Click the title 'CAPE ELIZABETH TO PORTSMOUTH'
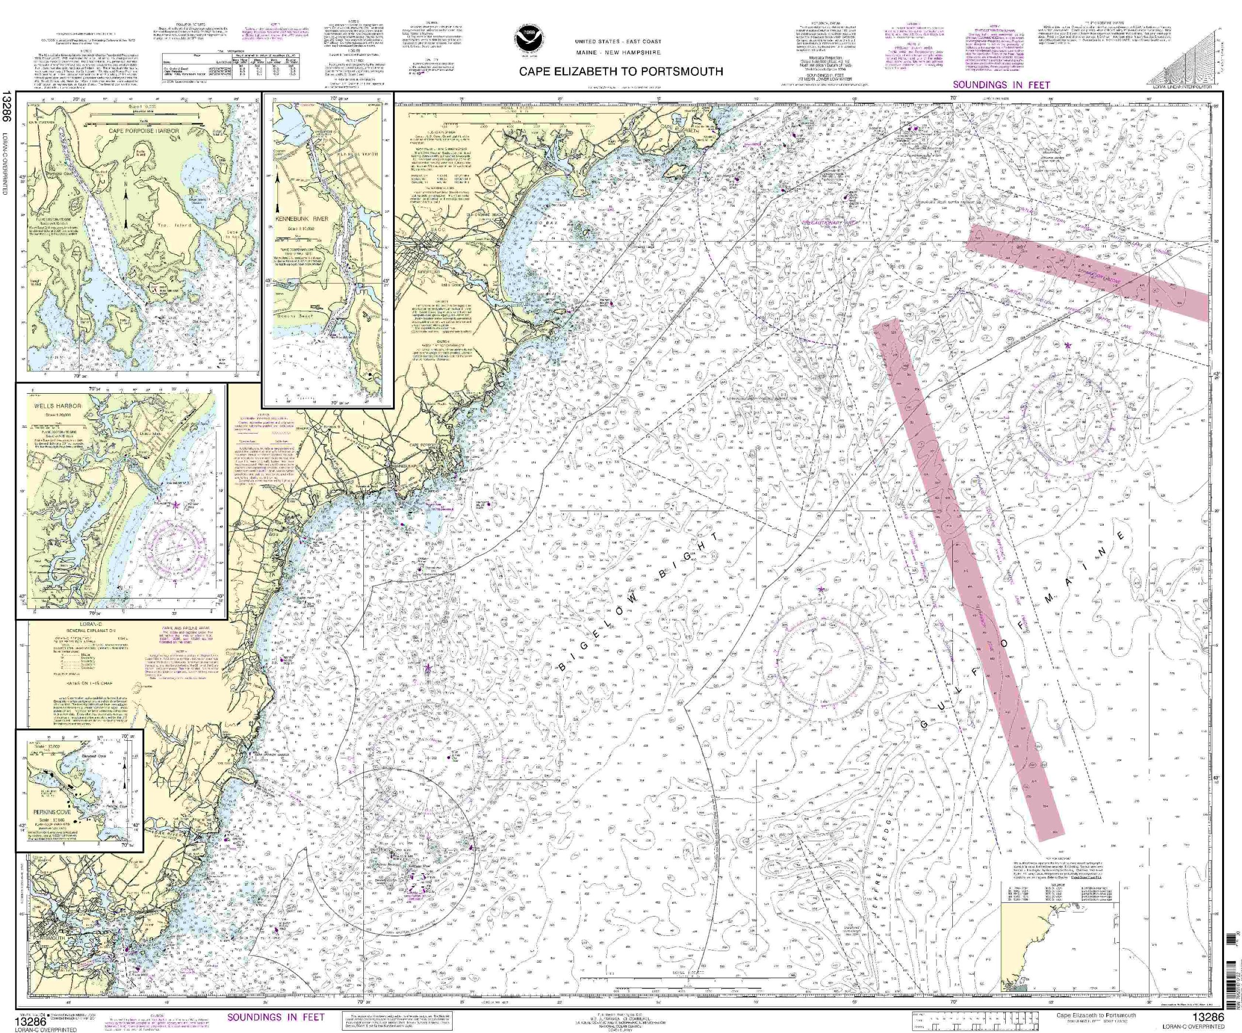click(x=621, y=71)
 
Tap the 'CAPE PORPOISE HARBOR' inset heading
click(x=143, y=130)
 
